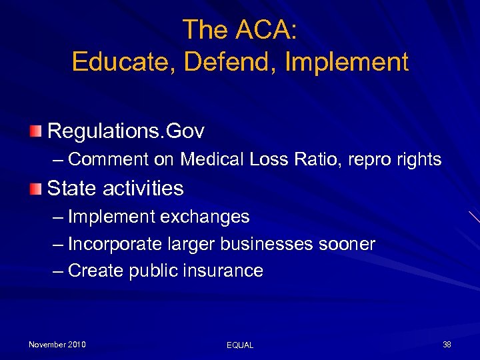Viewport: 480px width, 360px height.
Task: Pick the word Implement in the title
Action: (346, 62)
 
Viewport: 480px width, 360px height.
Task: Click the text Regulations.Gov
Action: (125, 131)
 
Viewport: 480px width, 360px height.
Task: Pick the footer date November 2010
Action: (57, 344)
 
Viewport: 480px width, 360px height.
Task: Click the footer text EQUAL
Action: (240, 345)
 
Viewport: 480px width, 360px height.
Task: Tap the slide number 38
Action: (447, 344)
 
